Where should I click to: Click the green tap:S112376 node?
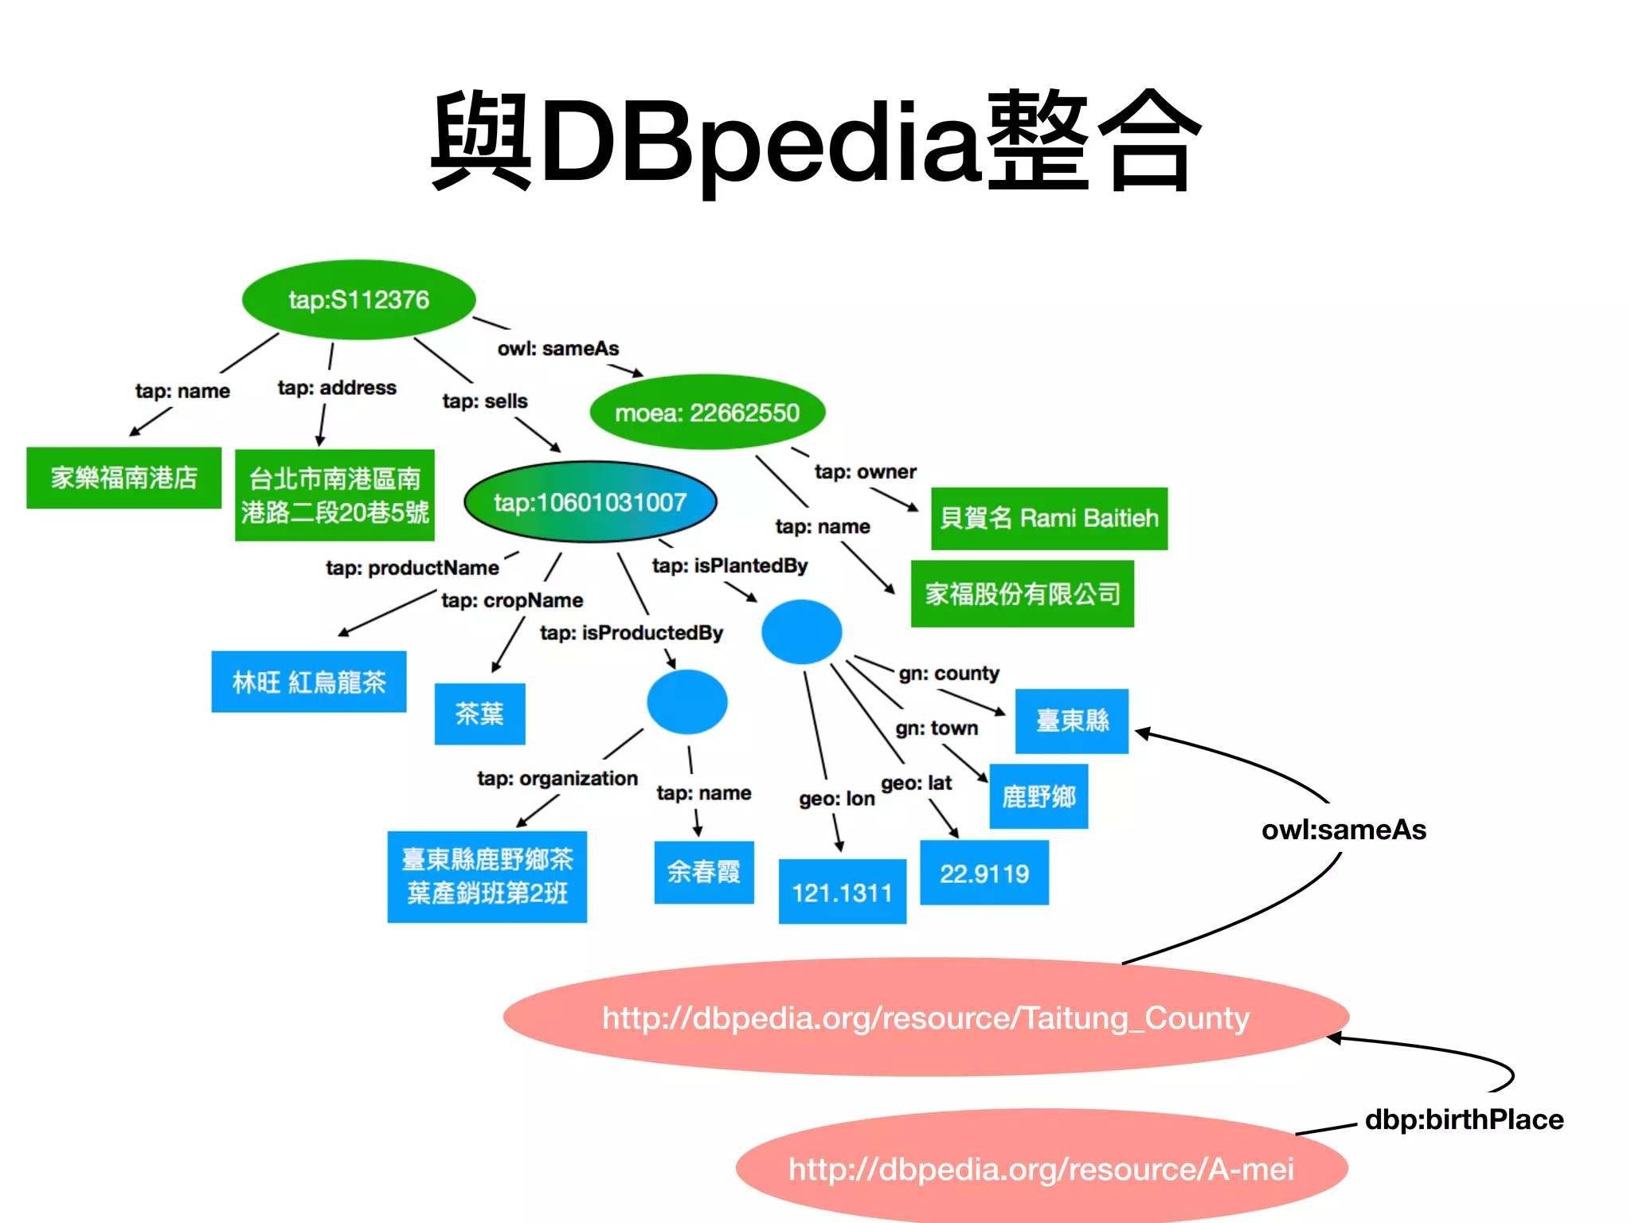click(x=358, y=300)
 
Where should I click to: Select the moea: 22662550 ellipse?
click(x=707, y=412)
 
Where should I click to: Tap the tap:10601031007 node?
click(x=590, y=502)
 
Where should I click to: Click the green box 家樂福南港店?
click(x=123, y=478)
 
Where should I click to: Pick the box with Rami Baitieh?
click(x=1049, y=518)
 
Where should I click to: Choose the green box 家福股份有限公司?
click(x=1023, y=594)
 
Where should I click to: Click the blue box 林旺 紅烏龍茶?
click(x=309, y=682)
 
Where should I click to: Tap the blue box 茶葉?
click(x=479, y=714)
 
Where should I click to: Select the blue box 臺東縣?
click(x=1072, y=721)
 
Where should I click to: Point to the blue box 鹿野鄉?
click(x=1038, y=797)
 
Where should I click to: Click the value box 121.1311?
click(x=842, y=892)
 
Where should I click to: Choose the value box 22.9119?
click(x=984, y=873)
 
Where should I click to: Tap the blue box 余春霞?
click(x=704, y=873)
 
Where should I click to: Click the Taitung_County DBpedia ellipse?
click(x=925, y=1018)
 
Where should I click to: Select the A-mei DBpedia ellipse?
click(x=1041, y=1169)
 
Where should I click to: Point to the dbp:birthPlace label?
click(x=1464, y=1119)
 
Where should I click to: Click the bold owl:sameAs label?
click(x=1344, y=830)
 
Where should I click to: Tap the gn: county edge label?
click(x=948, y=674)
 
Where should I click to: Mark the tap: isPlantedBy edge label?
click(x=729, y=566)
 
